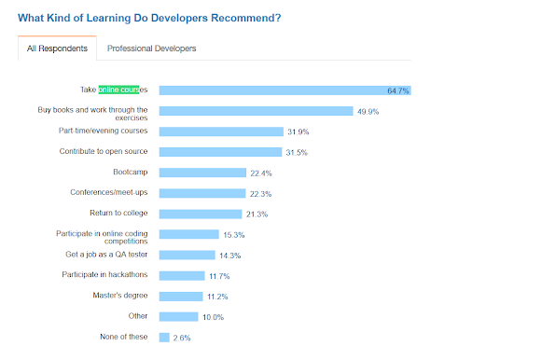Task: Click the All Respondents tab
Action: pos(57,48)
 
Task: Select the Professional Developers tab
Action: pos(152,48)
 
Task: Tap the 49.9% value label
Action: pos(368,112)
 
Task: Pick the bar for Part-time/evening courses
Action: pos(220,132)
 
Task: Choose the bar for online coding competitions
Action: pos(188,234)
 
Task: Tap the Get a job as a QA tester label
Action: pos(106,255)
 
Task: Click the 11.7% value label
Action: pos(219,275)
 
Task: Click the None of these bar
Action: pos(164,337)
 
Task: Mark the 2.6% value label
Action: pos(182,338)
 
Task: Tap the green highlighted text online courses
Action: pos(118,90)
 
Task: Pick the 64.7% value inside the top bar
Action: pos(397,91)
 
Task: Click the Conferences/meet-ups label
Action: pos(108,192)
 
